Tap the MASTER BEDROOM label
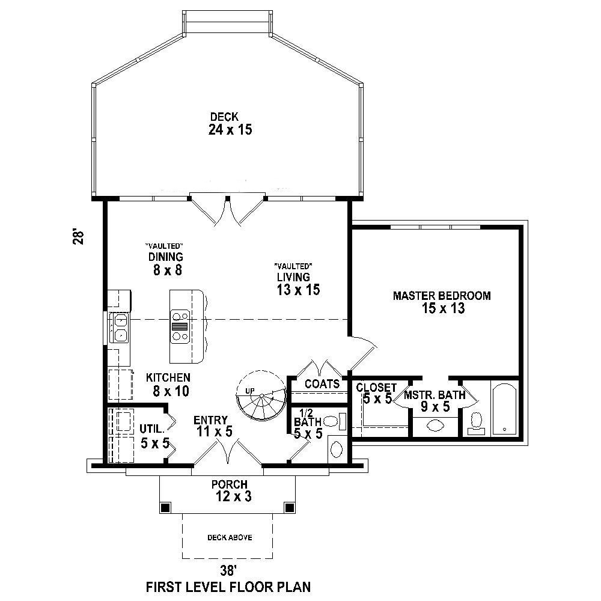tap(442, 302)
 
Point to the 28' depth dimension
tap(77, 236)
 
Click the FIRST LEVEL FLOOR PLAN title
tap(229, 586)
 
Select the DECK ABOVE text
tap(230, 537)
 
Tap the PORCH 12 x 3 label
tap(229, 490)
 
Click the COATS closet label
tap(322, 383)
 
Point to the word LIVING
tap(293, 277)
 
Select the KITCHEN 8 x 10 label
tap(168, 385)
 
